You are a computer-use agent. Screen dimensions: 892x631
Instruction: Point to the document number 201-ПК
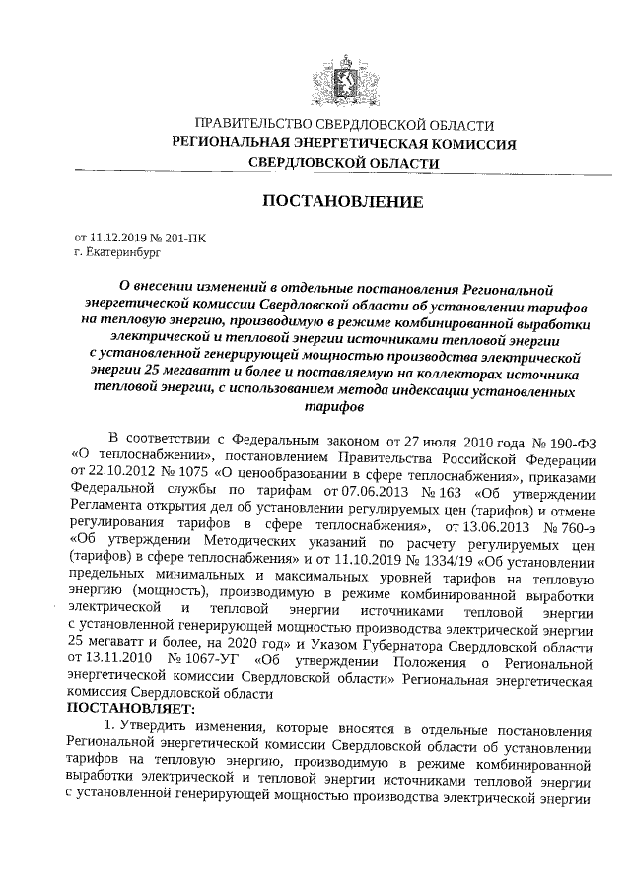(185, 238)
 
